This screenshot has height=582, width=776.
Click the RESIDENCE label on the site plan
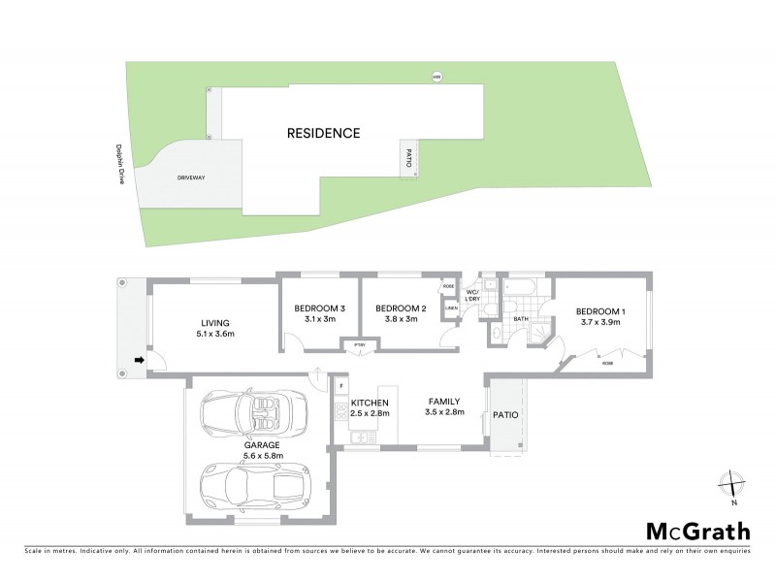point(323,133)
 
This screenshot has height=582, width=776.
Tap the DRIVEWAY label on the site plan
point(191,178)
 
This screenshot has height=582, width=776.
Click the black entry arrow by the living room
point(139,360)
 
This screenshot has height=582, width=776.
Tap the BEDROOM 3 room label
point(320,308)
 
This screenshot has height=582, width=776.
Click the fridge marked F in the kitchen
point(341,386)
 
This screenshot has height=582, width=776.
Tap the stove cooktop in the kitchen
point(341,412)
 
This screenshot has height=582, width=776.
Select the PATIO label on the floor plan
point(505,415)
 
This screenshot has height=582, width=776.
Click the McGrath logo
point(697,531)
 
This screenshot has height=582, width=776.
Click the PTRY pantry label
point(359,344)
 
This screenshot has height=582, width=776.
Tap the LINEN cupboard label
point(451,309)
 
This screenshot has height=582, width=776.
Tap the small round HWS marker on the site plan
point(436,78)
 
